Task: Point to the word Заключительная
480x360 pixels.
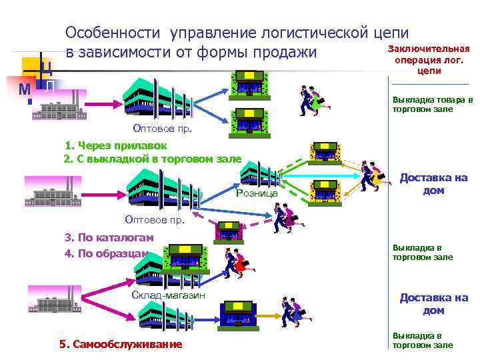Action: [429, 49]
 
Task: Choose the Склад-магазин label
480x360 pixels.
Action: [169, 295]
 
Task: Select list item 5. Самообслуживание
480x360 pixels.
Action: [120, 344]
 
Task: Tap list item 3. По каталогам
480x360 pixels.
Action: [109, 237]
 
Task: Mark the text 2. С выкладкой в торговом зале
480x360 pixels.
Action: [152, 159]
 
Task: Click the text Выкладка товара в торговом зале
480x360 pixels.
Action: [432, 104]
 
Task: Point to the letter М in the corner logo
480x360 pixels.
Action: [24, 89]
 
